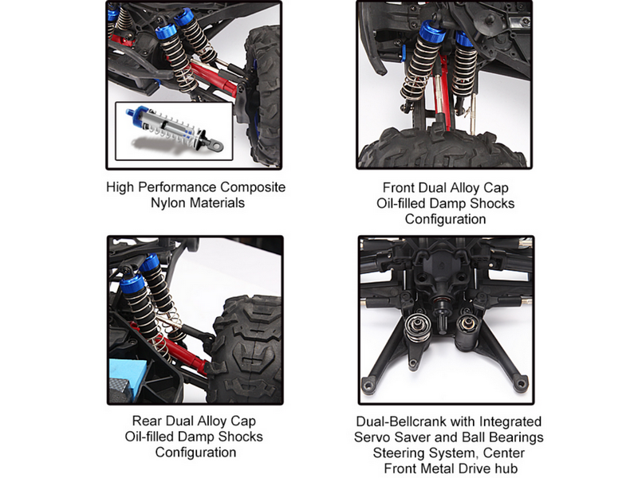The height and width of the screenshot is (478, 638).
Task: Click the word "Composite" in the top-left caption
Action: tap(253, 187)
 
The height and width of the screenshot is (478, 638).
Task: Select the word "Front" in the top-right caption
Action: tap(398, 187)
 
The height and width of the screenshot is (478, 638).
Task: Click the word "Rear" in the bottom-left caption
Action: tap(148, 421)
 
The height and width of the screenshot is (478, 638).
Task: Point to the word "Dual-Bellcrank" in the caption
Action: tap(409, 421)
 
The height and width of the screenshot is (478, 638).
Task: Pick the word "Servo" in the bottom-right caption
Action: tap(372, 437)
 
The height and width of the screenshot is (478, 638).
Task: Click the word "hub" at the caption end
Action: tap(505, 468)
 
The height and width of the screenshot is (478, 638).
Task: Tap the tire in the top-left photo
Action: tap(263, 97)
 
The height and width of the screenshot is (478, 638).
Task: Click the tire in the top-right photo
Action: tap(444, 148)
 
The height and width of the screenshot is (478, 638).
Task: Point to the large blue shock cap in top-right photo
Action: tap(433, 33)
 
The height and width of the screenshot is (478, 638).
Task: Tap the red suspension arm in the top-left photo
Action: tap(215, 78)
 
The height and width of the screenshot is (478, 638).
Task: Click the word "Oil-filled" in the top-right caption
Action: tap(400, 203)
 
